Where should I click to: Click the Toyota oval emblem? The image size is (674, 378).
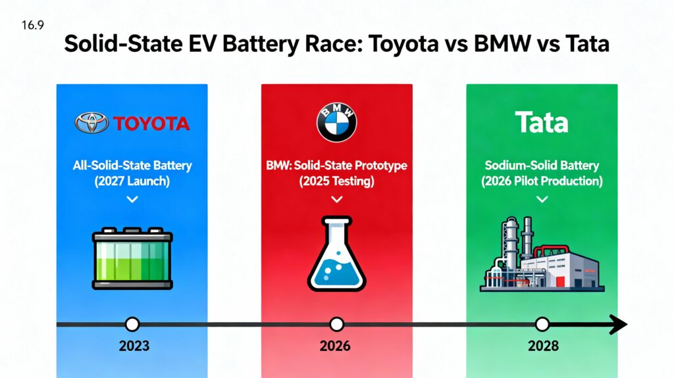click(x=91, y=123)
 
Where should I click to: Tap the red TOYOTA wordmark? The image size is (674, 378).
click(x=151, y=124)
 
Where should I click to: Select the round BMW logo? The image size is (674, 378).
click(x=336, y=122)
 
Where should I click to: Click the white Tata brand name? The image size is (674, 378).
click(x=542, y=122)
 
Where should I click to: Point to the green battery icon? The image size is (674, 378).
click(x=132, y=258)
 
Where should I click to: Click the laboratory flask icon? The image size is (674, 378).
click(x=336, y=254)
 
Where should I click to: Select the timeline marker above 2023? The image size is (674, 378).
click(x=132, y=324)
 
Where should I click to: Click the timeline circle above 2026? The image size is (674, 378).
click(x=336, y=324)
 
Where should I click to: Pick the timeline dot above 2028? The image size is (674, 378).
click(x=542, y=324)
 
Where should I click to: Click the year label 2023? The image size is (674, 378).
click(x=134, y=346)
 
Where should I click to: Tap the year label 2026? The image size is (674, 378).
click(x=335, y=346)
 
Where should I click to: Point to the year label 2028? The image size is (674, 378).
click(x=543, y=346)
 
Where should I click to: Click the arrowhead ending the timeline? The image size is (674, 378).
click(x=619, y=324)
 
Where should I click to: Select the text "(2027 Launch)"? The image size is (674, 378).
click(x=132, y=181)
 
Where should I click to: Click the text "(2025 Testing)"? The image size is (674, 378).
click(x=336, y=181)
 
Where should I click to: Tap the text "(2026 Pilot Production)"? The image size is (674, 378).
click(x=542, y=181)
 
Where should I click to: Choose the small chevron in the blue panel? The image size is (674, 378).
click(x=132, y=199)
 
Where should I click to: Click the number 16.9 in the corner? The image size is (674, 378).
click(x=33, y=26)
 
